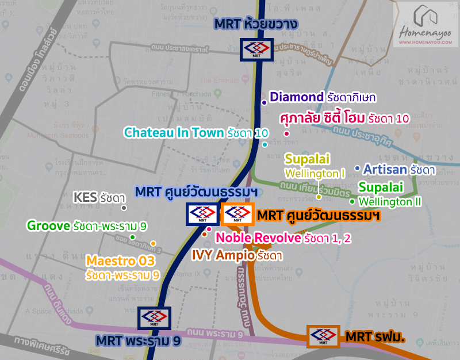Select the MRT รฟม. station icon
323,336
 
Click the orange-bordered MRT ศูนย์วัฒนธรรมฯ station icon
237,215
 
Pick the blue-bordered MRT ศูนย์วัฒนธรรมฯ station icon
202,215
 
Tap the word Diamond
297,97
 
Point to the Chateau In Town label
174,133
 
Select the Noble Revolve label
258,238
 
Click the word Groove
48,225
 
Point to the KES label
86,198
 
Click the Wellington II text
390,202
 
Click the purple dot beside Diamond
264,102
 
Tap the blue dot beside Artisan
357,168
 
